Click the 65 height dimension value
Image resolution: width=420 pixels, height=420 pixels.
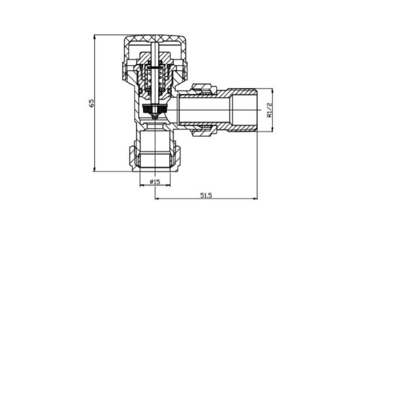(x=92, y=103)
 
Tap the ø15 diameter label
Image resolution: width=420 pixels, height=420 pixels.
(x=155, y=182)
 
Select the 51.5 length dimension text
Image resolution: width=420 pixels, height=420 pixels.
(x=206, y=195)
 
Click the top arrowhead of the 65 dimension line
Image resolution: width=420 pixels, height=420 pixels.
(x=95, y=37)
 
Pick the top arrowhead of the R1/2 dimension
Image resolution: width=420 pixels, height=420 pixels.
(x=273, y=91)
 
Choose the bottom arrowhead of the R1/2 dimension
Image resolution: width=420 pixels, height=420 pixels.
(x=273, y=129)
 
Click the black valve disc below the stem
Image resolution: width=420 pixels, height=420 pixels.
(x=154, y=110)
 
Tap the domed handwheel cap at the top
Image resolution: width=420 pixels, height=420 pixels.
(x=154, y=39)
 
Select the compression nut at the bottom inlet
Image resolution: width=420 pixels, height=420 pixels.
(x=155, y=157)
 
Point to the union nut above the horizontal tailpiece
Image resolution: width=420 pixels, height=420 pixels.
(x=203, y=88)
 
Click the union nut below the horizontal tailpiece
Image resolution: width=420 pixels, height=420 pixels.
(x=203, y=133)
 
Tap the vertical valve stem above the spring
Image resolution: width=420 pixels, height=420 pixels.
(x=155, y=54)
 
